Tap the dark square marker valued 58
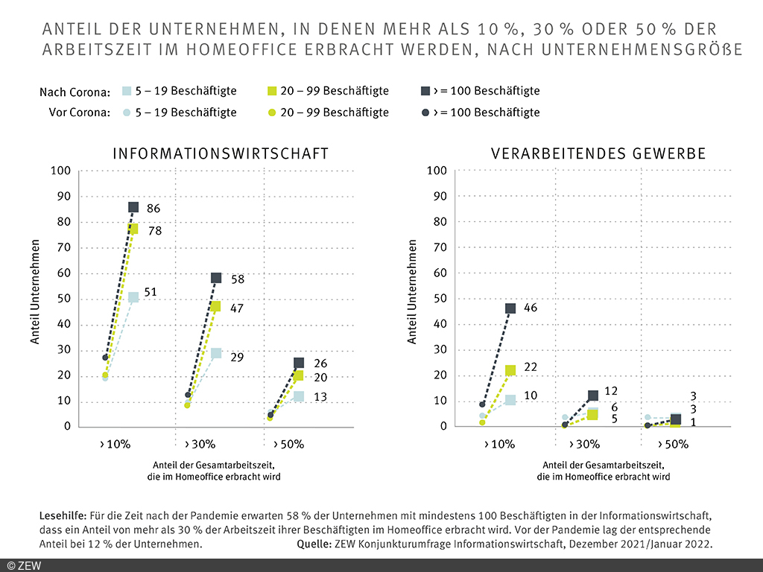click(x=216, y=278)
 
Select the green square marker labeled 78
click(x=133, y=229)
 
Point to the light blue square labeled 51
click(x=133, y=297)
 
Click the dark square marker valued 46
click(x=510, y=308)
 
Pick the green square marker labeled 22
click(x=510, y=370)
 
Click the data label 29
click(x=237, y=358)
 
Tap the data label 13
click(x=320, y=398)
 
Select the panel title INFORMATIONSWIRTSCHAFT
click(x=221, y=154)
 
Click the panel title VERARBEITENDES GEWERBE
click(x=598, y=154)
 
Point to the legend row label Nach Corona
click(x=75, y=92)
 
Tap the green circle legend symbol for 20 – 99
click(x=273, y=112)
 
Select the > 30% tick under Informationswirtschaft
click(x=199, y=445)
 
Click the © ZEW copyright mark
click(x=24, y=565)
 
